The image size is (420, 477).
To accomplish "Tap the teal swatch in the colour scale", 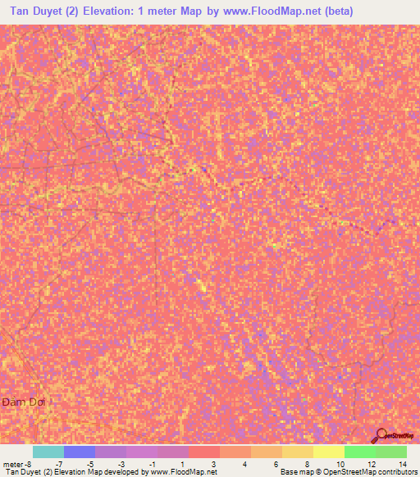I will (x=48, y=452).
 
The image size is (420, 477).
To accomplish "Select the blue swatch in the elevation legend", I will (x=80, y=452).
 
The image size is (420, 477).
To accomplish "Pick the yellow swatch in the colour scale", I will (x=329, y=452).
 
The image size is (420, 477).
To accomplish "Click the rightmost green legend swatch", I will (x=391, y=452).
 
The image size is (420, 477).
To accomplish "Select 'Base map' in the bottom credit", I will (x=295, y=473).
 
